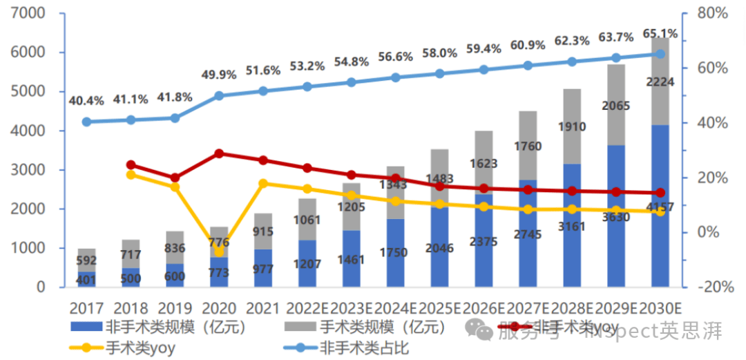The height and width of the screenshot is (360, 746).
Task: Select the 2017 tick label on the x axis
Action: coord(86,307)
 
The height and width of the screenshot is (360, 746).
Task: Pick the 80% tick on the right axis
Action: coord(712,13)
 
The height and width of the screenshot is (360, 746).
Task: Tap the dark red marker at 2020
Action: coord(219,153)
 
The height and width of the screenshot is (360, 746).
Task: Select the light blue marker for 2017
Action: coord(86,122)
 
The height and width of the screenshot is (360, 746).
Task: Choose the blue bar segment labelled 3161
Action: coord(572,225)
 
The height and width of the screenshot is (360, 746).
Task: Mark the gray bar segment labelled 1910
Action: coord(572,126)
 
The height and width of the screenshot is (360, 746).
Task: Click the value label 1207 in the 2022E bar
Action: coord(307,263)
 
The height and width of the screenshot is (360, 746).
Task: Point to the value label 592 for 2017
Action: coord(86,260)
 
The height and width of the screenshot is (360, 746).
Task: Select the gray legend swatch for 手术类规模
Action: coord(298,326)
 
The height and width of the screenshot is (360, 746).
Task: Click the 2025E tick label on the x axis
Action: coord(439,307)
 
